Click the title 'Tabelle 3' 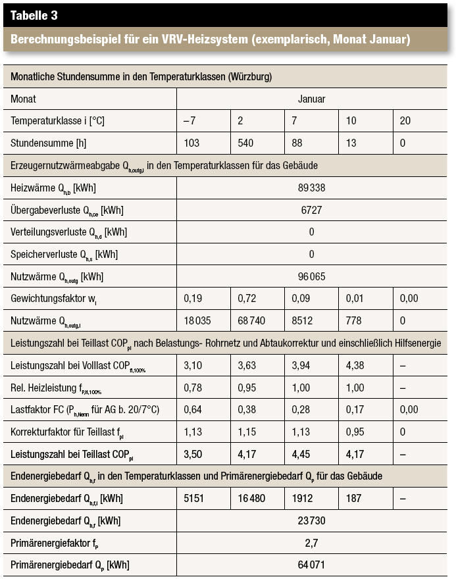(x=34, y=15)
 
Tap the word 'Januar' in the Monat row (x=312, y=99)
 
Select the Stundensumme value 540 (x=245, y=143)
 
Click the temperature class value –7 (x=190, y=121)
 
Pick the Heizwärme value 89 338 (x=312, y=188)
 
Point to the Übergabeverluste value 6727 (x=312, y=210)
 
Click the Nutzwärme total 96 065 (x=312, y=276)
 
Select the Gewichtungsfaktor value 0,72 (x=247, y=298)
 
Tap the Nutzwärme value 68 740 (x=251, y=320)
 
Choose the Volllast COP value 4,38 (x=355, y=365)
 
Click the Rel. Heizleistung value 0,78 (x=193, y=388)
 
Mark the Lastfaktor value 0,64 (x=193, y=409)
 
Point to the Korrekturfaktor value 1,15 (x=247, y=432)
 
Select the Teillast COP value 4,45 (x=301, y=454)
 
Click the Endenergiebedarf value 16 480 (x=251, y=499)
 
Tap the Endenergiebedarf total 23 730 (x=312, y=520)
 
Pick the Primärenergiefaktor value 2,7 (x=312, y=543)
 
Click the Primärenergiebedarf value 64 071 (x=312, y=565)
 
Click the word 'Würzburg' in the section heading (x=250, y=77)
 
